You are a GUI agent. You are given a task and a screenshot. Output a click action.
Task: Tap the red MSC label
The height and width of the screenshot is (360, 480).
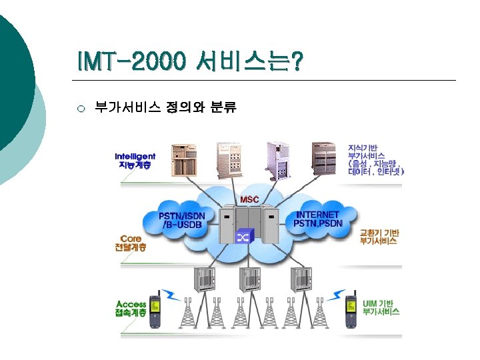tap(250, 200)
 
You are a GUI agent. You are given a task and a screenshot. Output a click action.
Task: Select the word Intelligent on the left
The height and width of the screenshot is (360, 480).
tap(135, 156)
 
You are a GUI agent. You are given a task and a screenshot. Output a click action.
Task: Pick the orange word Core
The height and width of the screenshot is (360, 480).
tap(131, 237)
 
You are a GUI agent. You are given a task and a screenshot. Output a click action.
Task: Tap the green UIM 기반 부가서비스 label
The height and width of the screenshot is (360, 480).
tap(381, 307)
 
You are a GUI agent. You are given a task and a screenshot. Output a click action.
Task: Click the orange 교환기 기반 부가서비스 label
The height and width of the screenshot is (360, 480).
tap(379, 237)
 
